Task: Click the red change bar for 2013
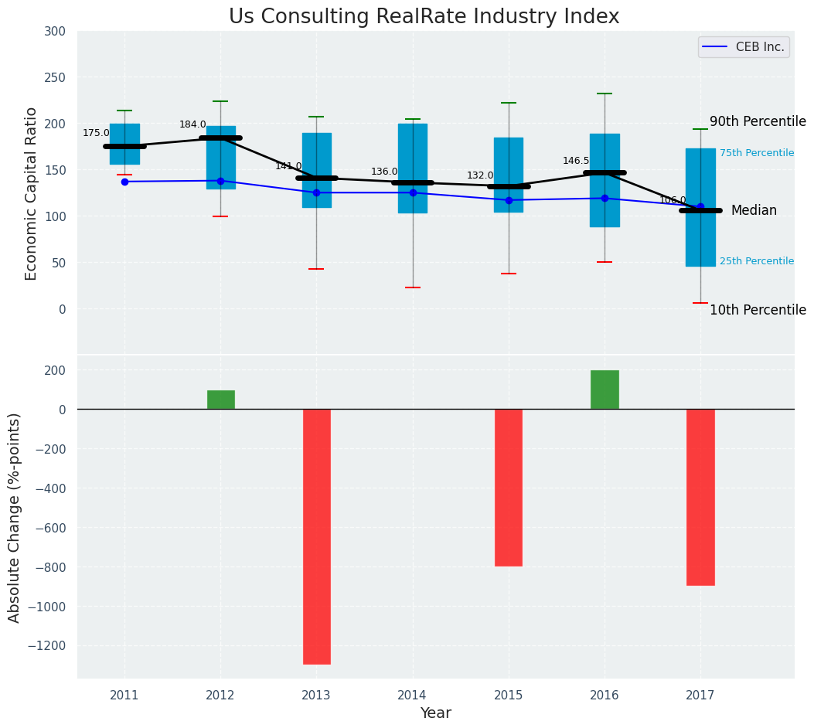(x=316, y=536)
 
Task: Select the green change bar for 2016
(x=605, y=390)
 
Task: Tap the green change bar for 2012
(x=220, y=400)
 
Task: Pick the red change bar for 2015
(x=508, y=488)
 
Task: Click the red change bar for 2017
(x=700, y=497)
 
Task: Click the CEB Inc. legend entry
(x=744, y=47)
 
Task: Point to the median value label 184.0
(x=192, y=124)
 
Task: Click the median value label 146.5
(x=576, y=161)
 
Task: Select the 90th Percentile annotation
(x=758, y=122)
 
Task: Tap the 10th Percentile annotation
(x=758, y=310)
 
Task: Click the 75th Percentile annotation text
(x=757, y=153)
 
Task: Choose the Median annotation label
(x=754, y=210)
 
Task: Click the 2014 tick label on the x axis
(x=412, y=696)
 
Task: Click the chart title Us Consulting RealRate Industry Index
(x=424, y=17)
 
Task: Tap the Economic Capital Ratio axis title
(x=32, y=193)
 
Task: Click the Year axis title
(x=435, y=713)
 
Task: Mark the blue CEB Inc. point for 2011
(x=124, y=182)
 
